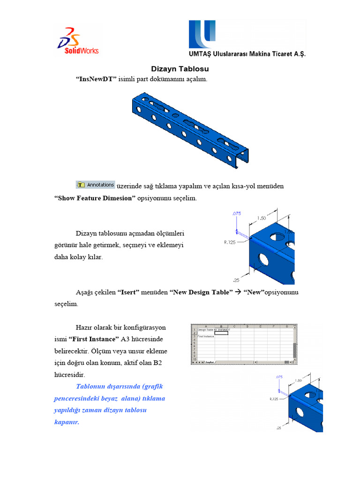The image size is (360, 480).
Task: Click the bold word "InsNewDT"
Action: click(96, 79)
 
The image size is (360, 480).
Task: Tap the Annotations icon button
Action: click(96, 185)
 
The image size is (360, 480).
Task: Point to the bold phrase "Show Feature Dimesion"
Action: click(95, 198)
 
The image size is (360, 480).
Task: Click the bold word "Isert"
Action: click(129, 292)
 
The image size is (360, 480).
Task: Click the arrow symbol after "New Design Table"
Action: click(238, 292)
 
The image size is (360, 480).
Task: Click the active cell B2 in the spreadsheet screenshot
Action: click(221, 333)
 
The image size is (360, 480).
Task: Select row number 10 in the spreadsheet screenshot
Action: click(194, 359)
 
